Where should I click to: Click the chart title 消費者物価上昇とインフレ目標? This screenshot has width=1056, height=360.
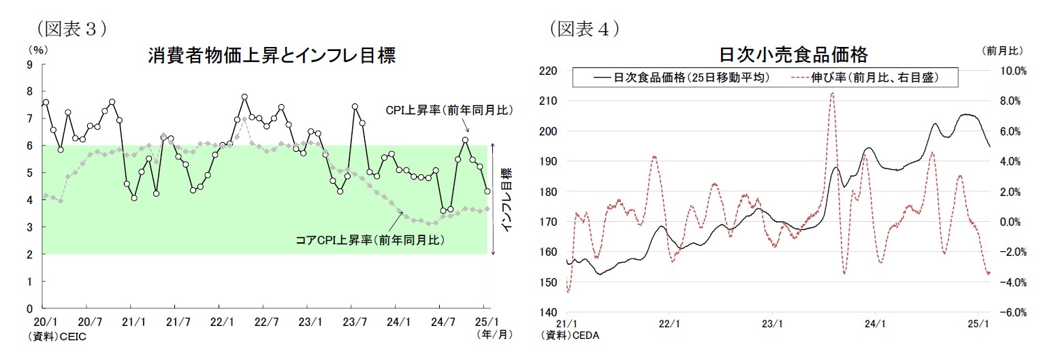pyautogui.click(x=271, y=56)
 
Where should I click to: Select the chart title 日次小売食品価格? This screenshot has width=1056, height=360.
pyautogui.click(x=793, y=54)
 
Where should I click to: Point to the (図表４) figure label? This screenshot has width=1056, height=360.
pyautogui.click(x=584, y=29)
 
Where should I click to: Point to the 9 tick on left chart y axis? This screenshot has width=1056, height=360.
pyautogui.click(x=29, y=65)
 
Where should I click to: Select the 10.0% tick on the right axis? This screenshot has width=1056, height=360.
pyautogui.click(x=1013, y=71)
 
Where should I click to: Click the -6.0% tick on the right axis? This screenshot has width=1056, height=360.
pyautogui.click(x=1013, y=312)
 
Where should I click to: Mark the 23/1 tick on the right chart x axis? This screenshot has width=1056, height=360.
pyautogui.click(x=772, y=324)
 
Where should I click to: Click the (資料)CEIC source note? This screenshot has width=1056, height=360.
pyautogui.click(x=58, y=336)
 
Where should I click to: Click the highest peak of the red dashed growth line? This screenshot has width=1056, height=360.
pyautogui.click(x=832, y=93)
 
